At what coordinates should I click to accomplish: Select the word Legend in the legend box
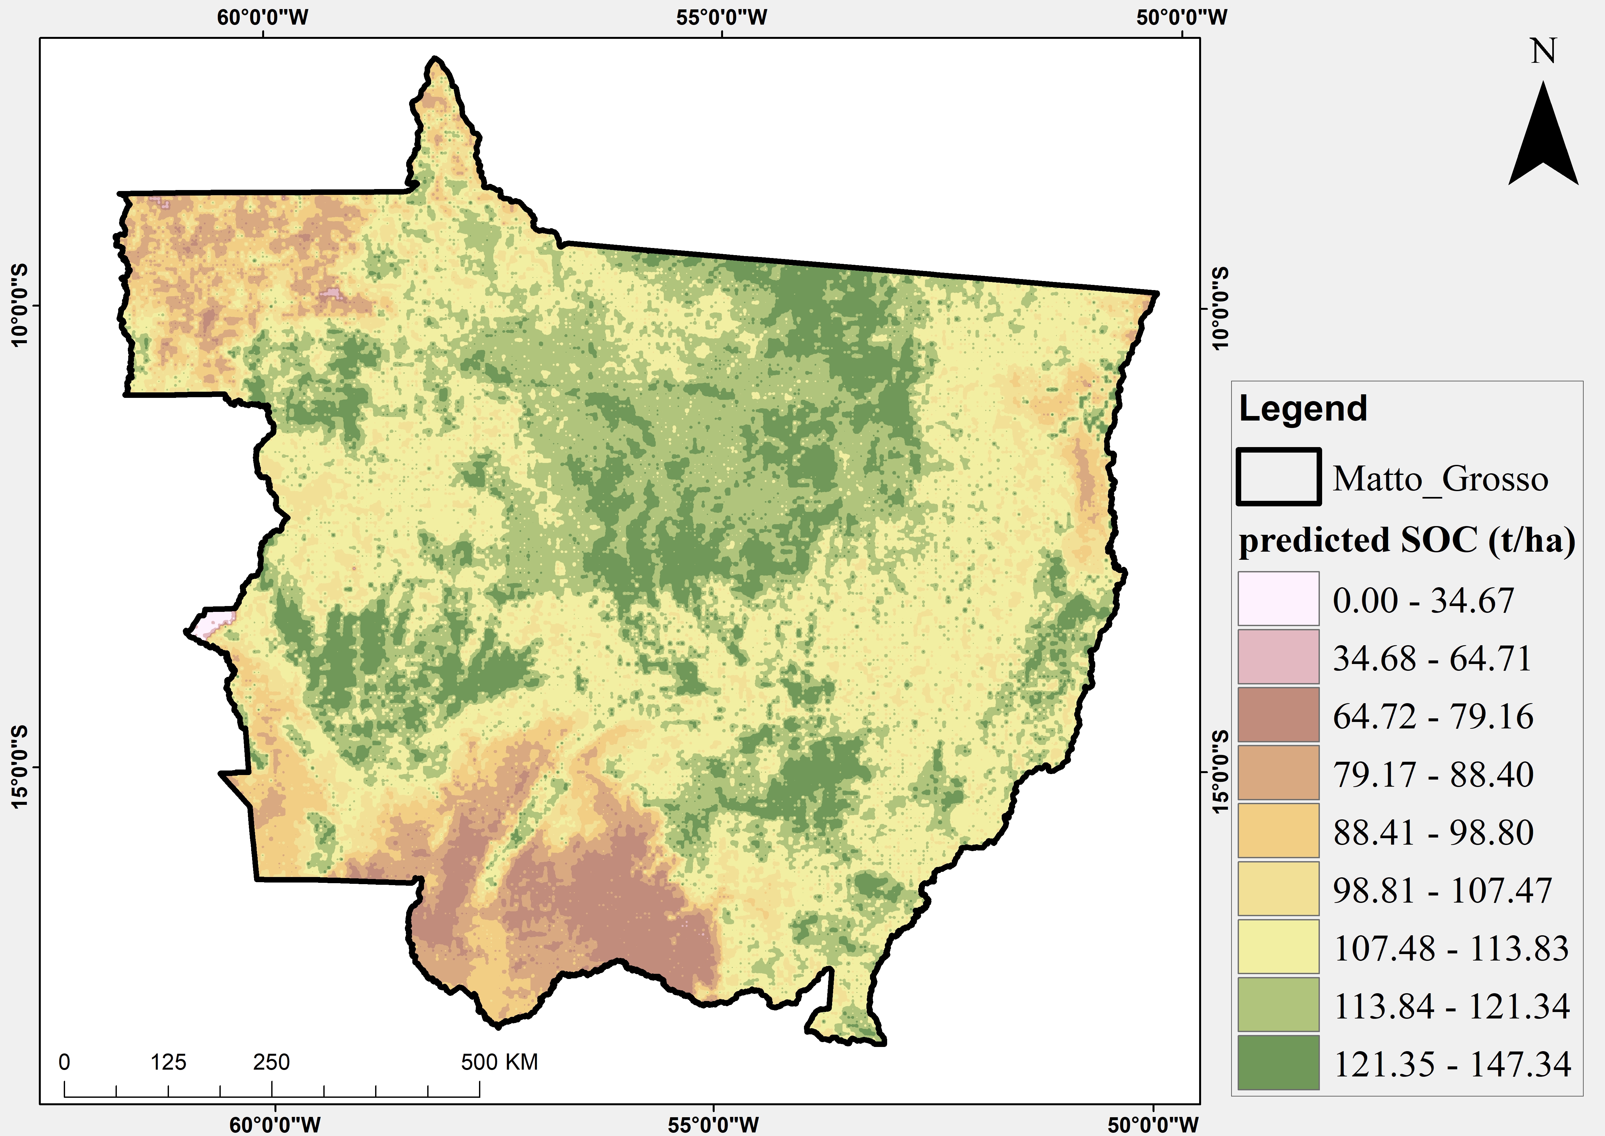pos(1302,409)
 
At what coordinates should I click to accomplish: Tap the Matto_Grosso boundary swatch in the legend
pos(1278,477)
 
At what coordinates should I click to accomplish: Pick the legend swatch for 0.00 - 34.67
pos(1278,599)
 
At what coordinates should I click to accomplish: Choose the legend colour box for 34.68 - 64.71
pos(1278,657)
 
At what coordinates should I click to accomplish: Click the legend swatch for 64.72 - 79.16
pos(1278,715)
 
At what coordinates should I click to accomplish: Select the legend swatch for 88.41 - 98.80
pos(1278,831)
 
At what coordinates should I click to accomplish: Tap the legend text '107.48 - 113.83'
pos(1451,949)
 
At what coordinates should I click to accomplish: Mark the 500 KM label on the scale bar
pos(499,1062)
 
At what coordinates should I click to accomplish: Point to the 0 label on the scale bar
pos(64,1062)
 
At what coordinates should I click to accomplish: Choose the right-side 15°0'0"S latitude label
pos(1220,771)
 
